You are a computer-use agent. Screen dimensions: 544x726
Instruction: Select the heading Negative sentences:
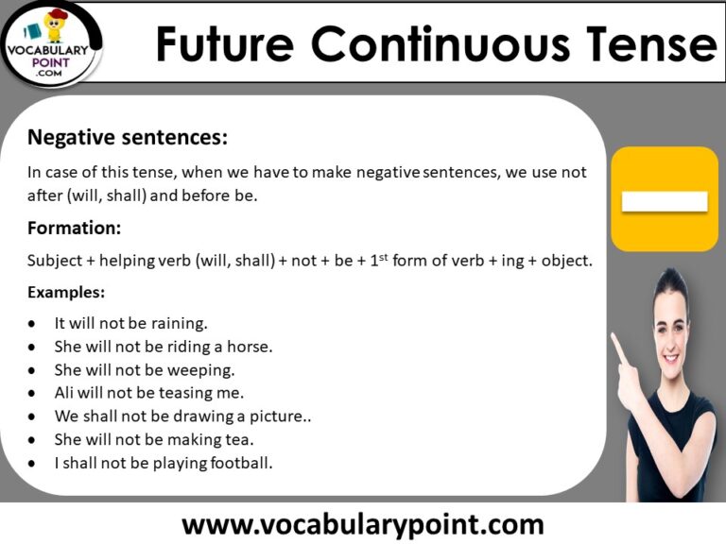pyautogui.click(x=128, y=138)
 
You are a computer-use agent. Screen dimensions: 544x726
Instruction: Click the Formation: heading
pyautogui.click(x=75, y=228)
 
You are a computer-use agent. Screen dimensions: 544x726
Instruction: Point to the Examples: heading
pyautogui.click(x=66, y=292)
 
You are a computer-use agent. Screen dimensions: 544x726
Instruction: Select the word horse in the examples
pyautogui.click(x=251, y=347)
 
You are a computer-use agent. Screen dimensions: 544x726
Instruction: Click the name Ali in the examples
pyautogui.click(x=65, y=393)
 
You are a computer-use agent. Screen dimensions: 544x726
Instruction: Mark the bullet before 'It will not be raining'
pyautogui.click(x=34, y=324)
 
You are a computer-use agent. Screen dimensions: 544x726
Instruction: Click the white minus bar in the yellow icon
pyautogui.click(x=664, y=201)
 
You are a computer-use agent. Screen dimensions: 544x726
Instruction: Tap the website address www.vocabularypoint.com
pyautogui.click(x=363, y=523)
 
